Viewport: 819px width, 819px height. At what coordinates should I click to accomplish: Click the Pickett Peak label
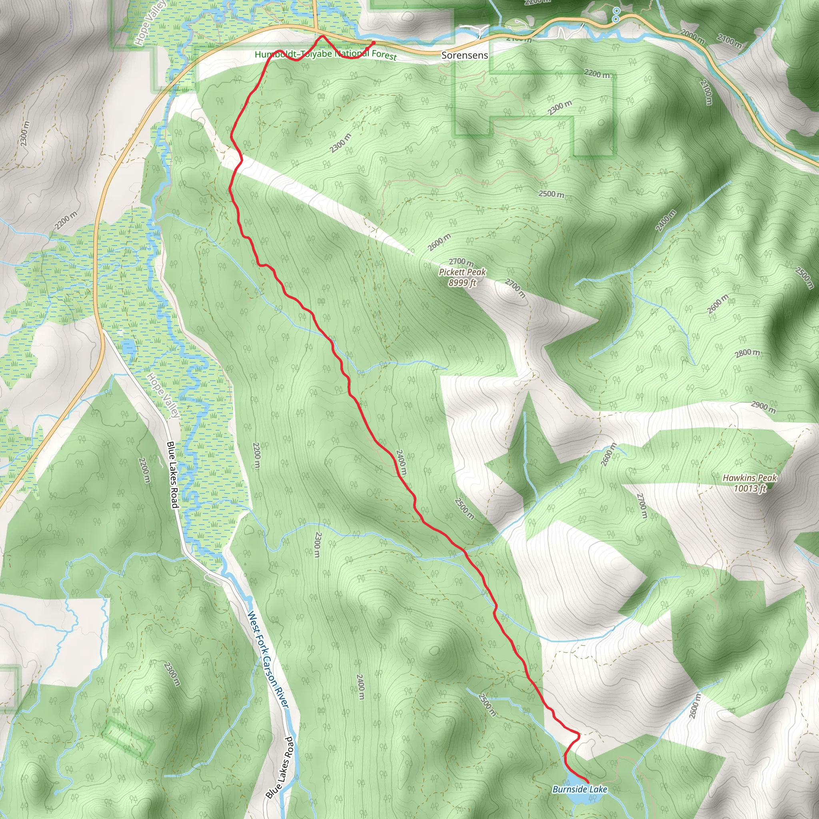[462, 272]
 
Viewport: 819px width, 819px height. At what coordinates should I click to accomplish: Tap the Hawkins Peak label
[749, 478]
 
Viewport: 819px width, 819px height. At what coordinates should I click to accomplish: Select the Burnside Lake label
[579, 789]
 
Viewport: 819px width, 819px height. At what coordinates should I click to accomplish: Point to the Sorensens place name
[465, 55]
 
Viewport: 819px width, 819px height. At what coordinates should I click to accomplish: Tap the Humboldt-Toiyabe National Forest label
[326, 54]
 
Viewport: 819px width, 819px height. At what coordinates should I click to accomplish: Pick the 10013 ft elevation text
[749, 488]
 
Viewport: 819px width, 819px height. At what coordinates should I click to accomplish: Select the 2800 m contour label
[748, 353]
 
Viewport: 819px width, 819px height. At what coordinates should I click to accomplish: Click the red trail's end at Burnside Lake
[587, 782]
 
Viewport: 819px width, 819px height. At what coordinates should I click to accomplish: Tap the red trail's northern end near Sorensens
[374, 43]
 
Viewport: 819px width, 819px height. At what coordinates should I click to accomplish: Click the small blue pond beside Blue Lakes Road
[128, 348]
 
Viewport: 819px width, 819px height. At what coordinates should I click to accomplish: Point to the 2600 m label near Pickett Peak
[439, 242]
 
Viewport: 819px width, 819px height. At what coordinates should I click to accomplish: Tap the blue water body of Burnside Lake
[581, 798]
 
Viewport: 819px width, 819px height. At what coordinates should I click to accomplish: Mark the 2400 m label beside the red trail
[401, 463]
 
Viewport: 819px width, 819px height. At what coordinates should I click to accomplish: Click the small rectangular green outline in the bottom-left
[128, 737]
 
